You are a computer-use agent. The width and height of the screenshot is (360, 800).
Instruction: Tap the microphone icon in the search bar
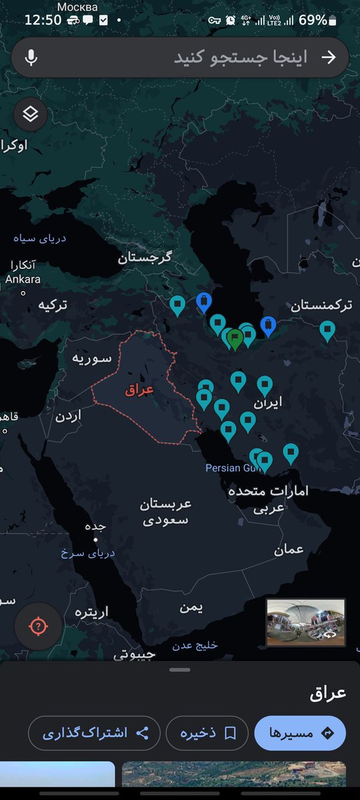point(31,57)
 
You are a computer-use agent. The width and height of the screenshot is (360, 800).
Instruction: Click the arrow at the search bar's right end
point(329,57)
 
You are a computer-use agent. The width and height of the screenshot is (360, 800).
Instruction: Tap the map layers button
point(30,114)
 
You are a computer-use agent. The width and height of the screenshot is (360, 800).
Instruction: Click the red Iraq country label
point(139,390)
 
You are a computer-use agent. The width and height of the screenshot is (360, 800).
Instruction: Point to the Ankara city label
point(23,279)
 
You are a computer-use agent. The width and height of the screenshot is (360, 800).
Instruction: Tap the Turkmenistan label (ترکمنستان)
point(321,306)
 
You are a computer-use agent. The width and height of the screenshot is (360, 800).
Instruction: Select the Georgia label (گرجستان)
point(145,257)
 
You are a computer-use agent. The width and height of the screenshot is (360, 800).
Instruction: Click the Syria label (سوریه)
point(92,358)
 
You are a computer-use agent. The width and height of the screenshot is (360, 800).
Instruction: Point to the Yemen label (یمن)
point(191,607)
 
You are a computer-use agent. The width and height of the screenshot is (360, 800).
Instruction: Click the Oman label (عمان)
point(288,549)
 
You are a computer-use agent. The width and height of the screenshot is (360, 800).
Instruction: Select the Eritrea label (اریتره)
point(92,612)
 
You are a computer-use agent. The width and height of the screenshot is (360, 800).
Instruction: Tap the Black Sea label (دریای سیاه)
point(40,238)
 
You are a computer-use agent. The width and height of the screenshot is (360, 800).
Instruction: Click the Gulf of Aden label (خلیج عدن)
point(195,645)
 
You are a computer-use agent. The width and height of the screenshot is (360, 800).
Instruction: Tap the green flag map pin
point(234,339)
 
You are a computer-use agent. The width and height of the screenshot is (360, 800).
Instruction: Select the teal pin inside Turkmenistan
point(327,330)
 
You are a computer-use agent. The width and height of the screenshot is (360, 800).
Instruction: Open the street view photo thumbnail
point(306,622)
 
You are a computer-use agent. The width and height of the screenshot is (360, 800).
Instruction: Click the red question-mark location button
point(38,627)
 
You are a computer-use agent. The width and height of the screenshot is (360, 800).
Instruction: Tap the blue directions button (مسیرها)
point(300,733)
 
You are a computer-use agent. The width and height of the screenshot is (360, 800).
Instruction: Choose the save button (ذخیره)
point(207,733)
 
